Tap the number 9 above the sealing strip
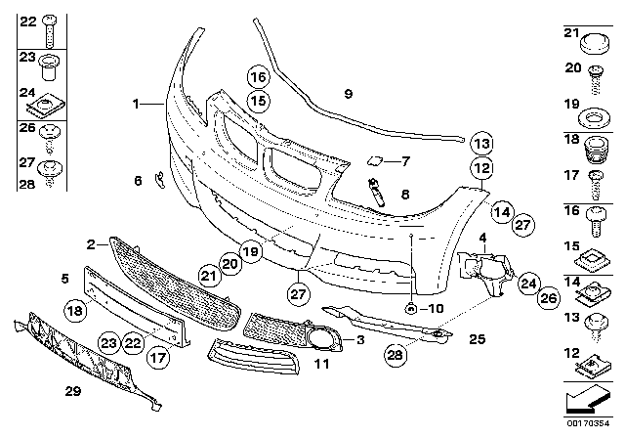pyautogui.click(x=347, y=93)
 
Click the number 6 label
pyautogui.click(x=138, y=179)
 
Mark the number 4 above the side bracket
pyautogui.click(x=482, y=237)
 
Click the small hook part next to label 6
pyautogui.click(x=159, y=183)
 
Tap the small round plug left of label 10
pyautogui.click(x=412, y=309)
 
